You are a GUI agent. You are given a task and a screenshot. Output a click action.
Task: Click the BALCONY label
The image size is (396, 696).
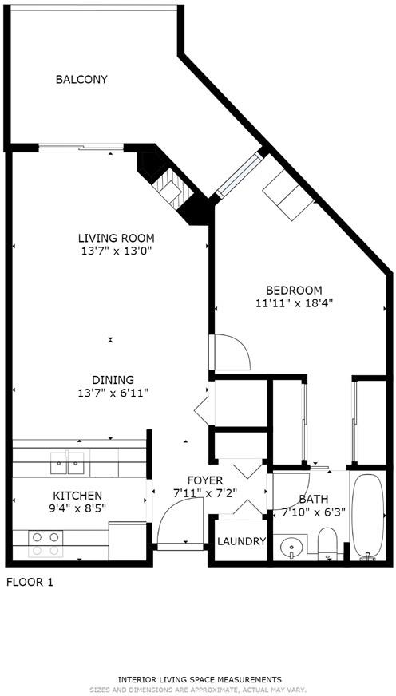click(x=81, y=80)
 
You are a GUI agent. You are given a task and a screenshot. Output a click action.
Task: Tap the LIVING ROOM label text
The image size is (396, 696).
click(x=117, y=238)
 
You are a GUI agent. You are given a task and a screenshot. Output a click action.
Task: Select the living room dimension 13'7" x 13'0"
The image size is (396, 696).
click(x=117, y=251)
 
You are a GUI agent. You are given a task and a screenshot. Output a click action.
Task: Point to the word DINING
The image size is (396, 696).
click(x=113, y=380)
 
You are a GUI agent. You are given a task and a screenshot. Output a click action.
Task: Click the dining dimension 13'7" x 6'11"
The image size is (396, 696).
click(x=113, y=393)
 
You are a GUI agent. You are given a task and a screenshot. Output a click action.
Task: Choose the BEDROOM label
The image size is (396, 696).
click(x=294, y=291)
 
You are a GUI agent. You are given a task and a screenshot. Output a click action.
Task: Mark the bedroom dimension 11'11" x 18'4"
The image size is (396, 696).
click(x=294, y=303)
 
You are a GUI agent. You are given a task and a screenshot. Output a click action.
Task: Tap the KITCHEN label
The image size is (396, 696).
click(x=77, y=496)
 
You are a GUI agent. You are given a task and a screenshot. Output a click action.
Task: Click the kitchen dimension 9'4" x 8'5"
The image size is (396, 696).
click(x=77, y=508)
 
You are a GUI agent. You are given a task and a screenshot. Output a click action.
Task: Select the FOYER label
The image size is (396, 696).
click(x=205, y=480)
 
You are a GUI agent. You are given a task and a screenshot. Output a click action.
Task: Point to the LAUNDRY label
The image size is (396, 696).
click(x=241, y=541)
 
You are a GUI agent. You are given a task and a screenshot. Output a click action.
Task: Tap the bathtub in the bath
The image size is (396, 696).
click(x=367, y=516)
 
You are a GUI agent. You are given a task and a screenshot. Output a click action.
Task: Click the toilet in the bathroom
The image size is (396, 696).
click(x=328, y=543)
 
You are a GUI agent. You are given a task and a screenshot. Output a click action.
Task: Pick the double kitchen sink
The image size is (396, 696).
click(x=68, y=463)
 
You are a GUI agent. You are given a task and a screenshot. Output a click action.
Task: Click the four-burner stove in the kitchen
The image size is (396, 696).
click(x=46, y=544)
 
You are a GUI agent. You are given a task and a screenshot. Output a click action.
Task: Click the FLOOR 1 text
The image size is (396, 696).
click(x=30, y=583)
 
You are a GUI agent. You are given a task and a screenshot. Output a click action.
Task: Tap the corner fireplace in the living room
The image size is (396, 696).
click(x=171, y=188)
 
